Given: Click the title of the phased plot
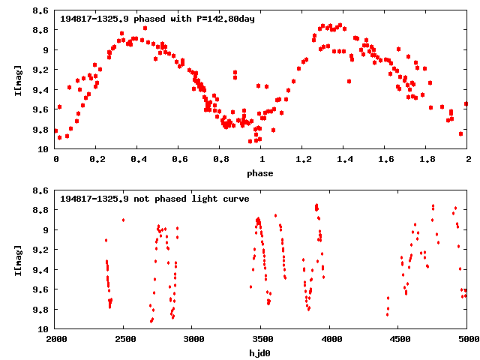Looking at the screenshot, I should coord(157,18).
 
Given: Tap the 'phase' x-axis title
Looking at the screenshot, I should coord(261,173).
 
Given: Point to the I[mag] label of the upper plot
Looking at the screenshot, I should coord(18,80).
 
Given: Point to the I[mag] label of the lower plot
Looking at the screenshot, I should coord(18,259).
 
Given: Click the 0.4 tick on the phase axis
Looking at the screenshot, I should coord(138,160).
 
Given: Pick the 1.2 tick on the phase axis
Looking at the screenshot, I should coord(303,160).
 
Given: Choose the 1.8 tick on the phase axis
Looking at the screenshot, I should coord(427,160).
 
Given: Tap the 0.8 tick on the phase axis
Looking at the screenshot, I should coord(220,160).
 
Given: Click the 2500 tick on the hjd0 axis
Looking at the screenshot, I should coord(124,339).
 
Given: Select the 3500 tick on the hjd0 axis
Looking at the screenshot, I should coord(261,339).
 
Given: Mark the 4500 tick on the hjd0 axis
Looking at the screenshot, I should coord(398,339).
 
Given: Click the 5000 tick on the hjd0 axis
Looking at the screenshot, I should coord(466,339).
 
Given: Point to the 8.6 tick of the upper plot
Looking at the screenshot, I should coord(41,10).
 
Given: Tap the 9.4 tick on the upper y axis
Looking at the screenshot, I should coord(41,90).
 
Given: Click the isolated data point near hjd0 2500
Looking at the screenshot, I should coord(123,220).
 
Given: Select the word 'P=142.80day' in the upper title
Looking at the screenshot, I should coord(223,18).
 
